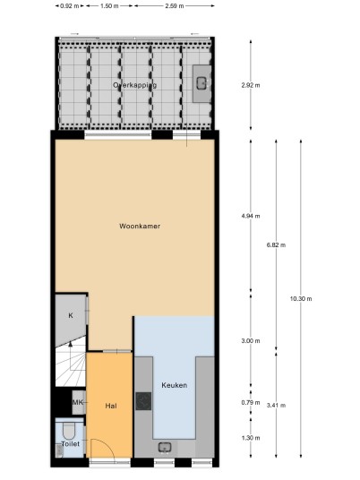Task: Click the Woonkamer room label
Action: tap(140, 227)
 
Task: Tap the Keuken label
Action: tap(175, 385)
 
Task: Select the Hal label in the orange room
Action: tap(111, 406)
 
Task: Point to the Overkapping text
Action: tap(134, 85)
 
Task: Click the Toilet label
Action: tap(71, 444)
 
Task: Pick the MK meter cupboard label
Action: tap(77, 402)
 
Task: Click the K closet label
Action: tap(71, 315)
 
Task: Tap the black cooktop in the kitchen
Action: tap(143, 401)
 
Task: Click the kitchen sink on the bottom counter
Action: tap(165, 448)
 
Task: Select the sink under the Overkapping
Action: tap(201, 82)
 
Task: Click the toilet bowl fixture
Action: tap(69, 430)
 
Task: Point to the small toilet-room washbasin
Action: tap(59, 450)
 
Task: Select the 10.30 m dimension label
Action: tap(301, 299)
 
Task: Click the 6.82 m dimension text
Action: tap(276, 244)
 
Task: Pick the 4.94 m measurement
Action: tap(251, 216)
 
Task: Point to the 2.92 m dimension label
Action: tap(251, 85)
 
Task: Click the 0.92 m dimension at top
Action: tap(70, 5)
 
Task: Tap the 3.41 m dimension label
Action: tap(276, 406)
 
